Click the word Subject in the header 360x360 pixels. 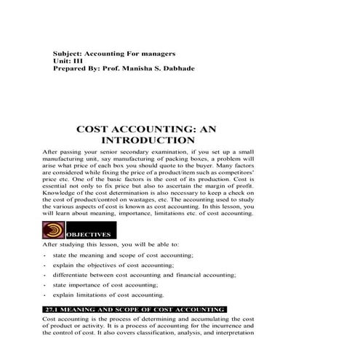[68, 55]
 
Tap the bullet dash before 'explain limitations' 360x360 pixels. [46, 296]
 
